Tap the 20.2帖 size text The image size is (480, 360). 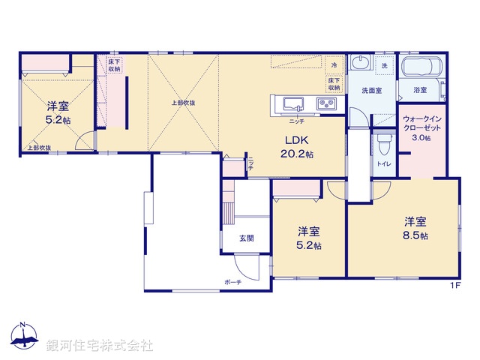click(298, 153)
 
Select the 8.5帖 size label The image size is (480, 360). click(415, 235)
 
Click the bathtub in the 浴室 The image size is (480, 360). click(424, 67)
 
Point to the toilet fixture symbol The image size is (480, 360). click(384, 141)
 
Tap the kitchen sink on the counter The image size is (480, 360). click(291, 103)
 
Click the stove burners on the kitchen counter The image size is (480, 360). click(327, 103)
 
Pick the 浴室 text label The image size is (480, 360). click(420, 91)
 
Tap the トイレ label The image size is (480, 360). click(383, 163)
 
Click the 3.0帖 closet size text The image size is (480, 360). click(421, 138)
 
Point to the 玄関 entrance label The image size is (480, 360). click(246, 238)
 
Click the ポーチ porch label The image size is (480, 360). click(232, 283)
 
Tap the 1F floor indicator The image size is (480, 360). click(454, 285)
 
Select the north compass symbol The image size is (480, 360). click(24, 336)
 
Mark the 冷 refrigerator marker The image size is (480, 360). click(334, 64)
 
